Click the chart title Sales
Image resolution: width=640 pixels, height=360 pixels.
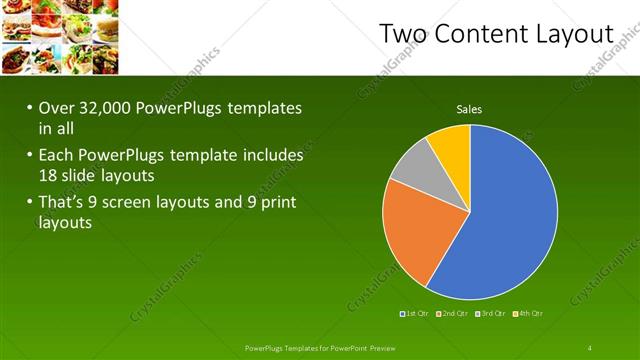point(470,109)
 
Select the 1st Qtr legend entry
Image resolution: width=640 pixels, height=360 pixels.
point(415,314)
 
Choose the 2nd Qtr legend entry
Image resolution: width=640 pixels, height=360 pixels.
point(453,314)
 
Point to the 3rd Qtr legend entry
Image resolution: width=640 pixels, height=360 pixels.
point(491,314)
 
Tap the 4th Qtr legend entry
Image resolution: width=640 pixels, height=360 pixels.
point(528,314)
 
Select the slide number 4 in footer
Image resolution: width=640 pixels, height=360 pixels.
point(590,347)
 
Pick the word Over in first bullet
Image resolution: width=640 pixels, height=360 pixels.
point(56,109)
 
